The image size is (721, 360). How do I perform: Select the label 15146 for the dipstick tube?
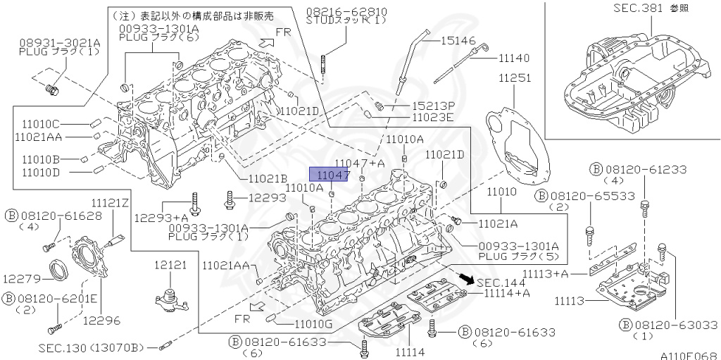click(x=460, y=42)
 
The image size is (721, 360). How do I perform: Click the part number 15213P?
click(x=433, y=105)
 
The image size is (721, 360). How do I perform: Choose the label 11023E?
click(x=433, y=117)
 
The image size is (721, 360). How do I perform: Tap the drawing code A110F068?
click(x=687, y=354)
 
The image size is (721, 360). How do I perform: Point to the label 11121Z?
click(x=110, y=203)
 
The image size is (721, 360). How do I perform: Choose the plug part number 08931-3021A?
click(x=59, y=42)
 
